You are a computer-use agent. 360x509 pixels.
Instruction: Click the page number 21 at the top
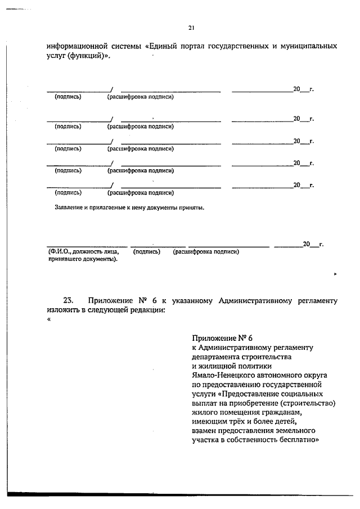click(x=191, y=28)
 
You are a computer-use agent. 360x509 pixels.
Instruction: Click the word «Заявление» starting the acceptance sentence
click(x=68, y=208)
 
